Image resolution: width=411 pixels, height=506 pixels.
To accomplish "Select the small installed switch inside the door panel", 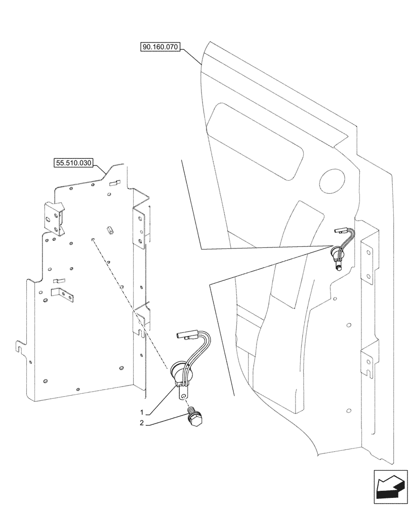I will (x=338, y=252).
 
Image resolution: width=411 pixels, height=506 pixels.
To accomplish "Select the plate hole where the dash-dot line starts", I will (x=92, y=240).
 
